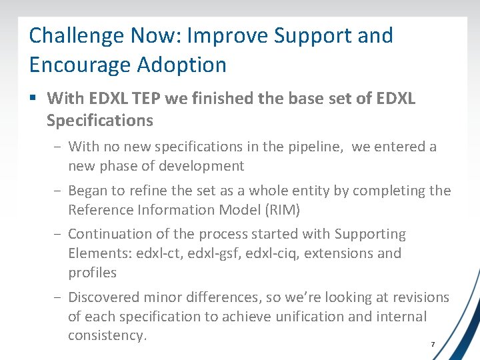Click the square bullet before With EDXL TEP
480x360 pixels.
point(33,99)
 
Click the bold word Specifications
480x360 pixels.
point(100,121)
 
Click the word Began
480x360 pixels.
point(88,191)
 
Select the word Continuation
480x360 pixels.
point(110,234)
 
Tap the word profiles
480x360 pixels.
point(92,273)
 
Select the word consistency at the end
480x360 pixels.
point(107,335)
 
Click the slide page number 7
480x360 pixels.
point(433,345)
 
